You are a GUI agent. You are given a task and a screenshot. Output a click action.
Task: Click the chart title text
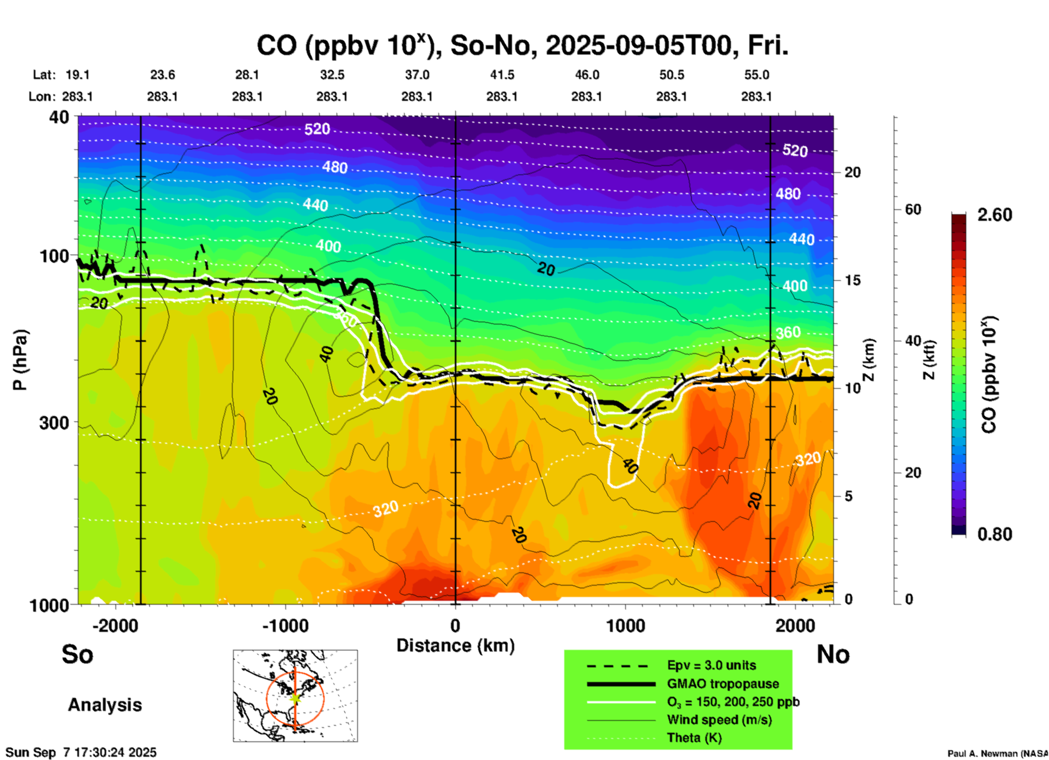click(x=522, y=46)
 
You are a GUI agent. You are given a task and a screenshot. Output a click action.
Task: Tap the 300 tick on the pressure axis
click(x=54, y=423)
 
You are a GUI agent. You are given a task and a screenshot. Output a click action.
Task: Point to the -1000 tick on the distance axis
click(x=285, y=625)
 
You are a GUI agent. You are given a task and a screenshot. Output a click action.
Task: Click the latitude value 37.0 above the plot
click(x=417, y=75)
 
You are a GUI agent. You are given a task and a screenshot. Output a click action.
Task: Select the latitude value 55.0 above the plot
click(x=757, y=75)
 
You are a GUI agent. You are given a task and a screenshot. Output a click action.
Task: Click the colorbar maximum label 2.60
click(x=995, y=215)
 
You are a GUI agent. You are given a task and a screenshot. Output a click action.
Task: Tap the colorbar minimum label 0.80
click(x=995, y=534)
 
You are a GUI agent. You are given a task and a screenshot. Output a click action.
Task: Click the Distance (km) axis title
click(x=455, y=646)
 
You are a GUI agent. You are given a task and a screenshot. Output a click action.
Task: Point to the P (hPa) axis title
click(x=20, y=360)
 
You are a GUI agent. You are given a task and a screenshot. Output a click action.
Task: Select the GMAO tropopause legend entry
click(x=723, y=684)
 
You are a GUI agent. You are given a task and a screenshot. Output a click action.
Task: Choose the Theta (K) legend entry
click(x=694, y=738)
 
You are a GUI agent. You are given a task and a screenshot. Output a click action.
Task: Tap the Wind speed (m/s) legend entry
click(x=719, y=720)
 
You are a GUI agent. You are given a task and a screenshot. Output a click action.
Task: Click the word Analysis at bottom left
click(x=105, y=705)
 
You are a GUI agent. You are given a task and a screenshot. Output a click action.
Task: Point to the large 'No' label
click(x=833, y=654)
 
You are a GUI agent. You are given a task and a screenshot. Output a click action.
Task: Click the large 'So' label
click(x=77, y=654)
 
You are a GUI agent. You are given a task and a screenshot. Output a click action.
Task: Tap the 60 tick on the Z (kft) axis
click(x=913, y=209)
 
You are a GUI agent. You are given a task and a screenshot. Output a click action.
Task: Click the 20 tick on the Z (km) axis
click(x=852, y=173)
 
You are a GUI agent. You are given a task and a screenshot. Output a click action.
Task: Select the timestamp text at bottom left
click(x=81, y=752)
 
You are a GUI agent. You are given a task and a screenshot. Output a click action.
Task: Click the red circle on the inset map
click(x=267, y=698)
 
